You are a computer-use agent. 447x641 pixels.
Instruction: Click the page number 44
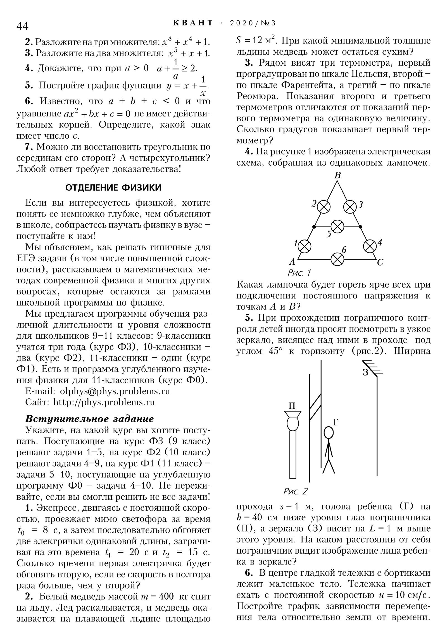coord(22,26)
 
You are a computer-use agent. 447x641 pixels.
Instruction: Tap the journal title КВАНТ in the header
coord(193,23)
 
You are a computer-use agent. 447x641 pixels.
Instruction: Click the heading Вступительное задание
coord(89,419)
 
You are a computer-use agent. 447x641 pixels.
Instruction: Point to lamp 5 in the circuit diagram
coord(337,227)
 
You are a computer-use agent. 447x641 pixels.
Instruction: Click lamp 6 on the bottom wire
coord(337,259)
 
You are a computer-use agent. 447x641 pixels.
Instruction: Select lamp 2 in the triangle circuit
coord(324,207)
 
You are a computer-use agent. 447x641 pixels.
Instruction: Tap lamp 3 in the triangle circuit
coord(349,207)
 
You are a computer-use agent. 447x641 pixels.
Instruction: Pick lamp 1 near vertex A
coord(304,246)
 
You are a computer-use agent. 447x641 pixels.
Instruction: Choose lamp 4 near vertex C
coord(370,246)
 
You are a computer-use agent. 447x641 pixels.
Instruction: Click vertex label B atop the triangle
coord(337,175)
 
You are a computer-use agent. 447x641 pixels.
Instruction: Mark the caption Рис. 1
coord(299,273)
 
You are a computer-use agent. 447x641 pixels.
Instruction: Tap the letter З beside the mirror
coord(366,372)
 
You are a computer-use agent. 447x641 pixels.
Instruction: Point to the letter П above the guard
coord(292,406)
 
